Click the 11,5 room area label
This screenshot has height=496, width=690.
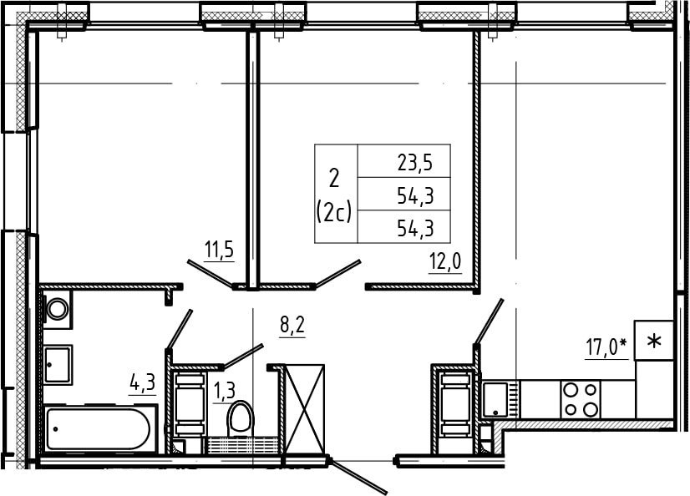pyautogui.click(x=219, y=251)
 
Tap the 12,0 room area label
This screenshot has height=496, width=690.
pyautogui.click(x=445, y=262)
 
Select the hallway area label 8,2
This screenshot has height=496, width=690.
pyautogui.click(x=292, y=326)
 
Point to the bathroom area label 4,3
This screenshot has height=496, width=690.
pyautogui.click(x=143, y=383)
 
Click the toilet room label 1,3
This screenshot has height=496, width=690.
pyautogui.click(x=224, y=390)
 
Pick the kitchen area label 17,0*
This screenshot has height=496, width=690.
pyautogui.click(x=606, y=347)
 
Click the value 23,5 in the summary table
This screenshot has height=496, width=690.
pyautogui.click(x=415, y=163)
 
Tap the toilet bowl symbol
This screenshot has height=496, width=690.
pyautogui.click(x=241, y=418)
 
